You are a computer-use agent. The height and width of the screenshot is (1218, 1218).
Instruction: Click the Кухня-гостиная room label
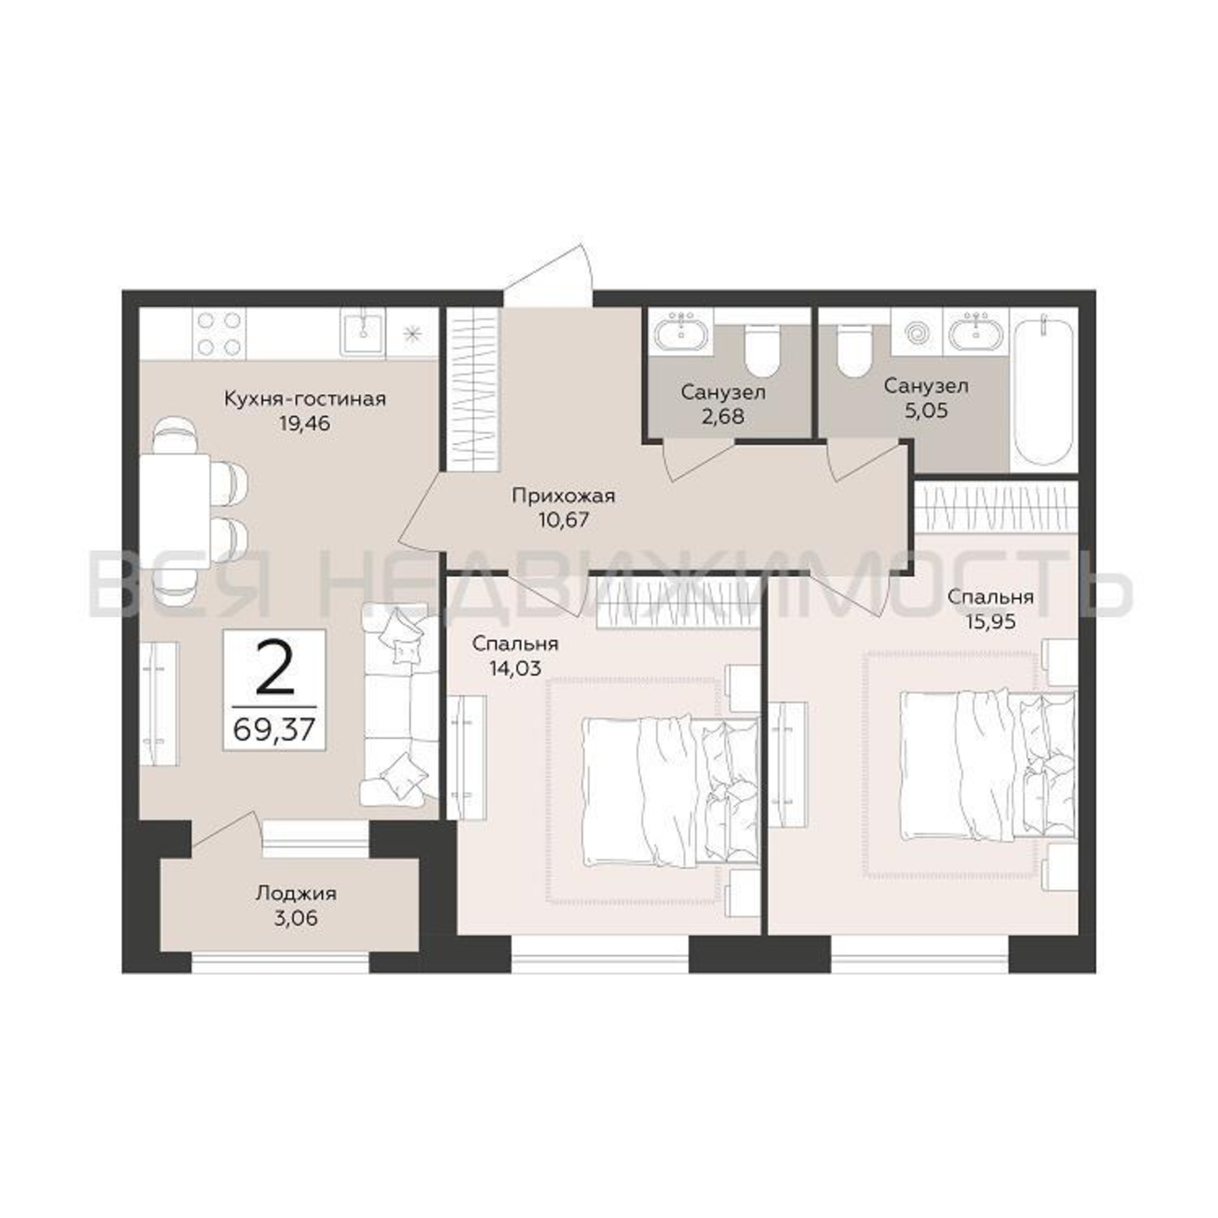[x=305, y=399]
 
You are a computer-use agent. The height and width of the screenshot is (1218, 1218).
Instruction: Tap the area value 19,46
[x=304, y=423]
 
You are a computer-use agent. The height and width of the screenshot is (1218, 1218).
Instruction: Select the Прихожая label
[x=563, y=496]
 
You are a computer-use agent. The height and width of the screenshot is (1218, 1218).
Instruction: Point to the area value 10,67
[x=563, y=520]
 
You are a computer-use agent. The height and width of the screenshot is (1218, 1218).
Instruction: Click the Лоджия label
[x=296, y=893]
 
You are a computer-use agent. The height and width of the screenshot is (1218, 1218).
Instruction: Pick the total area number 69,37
[x=273, y=731]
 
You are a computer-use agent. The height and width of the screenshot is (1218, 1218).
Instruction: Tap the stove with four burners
[x=219, y=334]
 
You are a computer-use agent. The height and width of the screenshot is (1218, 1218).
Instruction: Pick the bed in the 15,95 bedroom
[x=988, y=766]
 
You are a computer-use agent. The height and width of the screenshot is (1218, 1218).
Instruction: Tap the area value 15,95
[x=990, y=622]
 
